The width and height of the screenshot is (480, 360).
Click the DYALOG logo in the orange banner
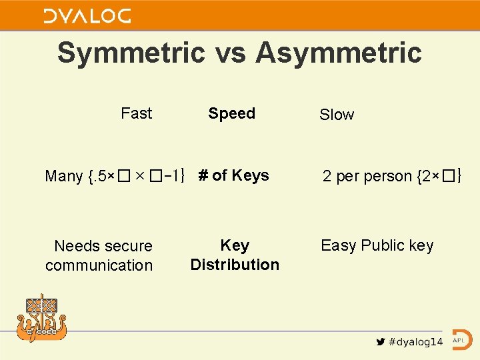click(x=87, y=16)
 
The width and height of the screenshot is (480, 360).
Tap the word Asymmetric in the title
click(x=338, y=53)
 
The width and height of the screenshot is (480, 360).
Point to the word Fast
click(x=136, y=113)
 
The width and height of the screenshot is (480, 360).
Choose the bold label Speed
click(x=231, y=113)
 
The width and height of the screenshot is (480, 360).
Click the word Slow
click(x=337, y=115)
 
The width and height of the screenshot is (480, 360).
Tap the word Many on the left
click(x=63, y=177)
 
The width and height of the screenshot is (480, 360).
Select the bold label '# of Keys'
click(x=233, y=175)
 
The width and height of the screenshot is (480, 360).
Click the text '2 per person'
click(x=367, y=177)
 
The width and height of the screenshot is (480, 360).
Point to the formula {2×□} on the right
click(x=439, y=177)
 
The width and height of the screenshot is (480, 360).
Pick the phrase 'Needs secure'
click(x=103, y=246)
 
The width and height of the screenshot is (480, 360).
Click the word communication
click(x=99, y=265)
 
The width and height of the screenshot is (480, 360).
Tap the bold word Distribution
click(x=235, y=265)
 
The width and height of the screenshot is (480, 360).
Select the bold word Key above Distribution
click(x=235, y=245)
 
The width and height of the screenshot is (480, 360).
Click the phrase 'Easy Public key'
click(x=377, y=245)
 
